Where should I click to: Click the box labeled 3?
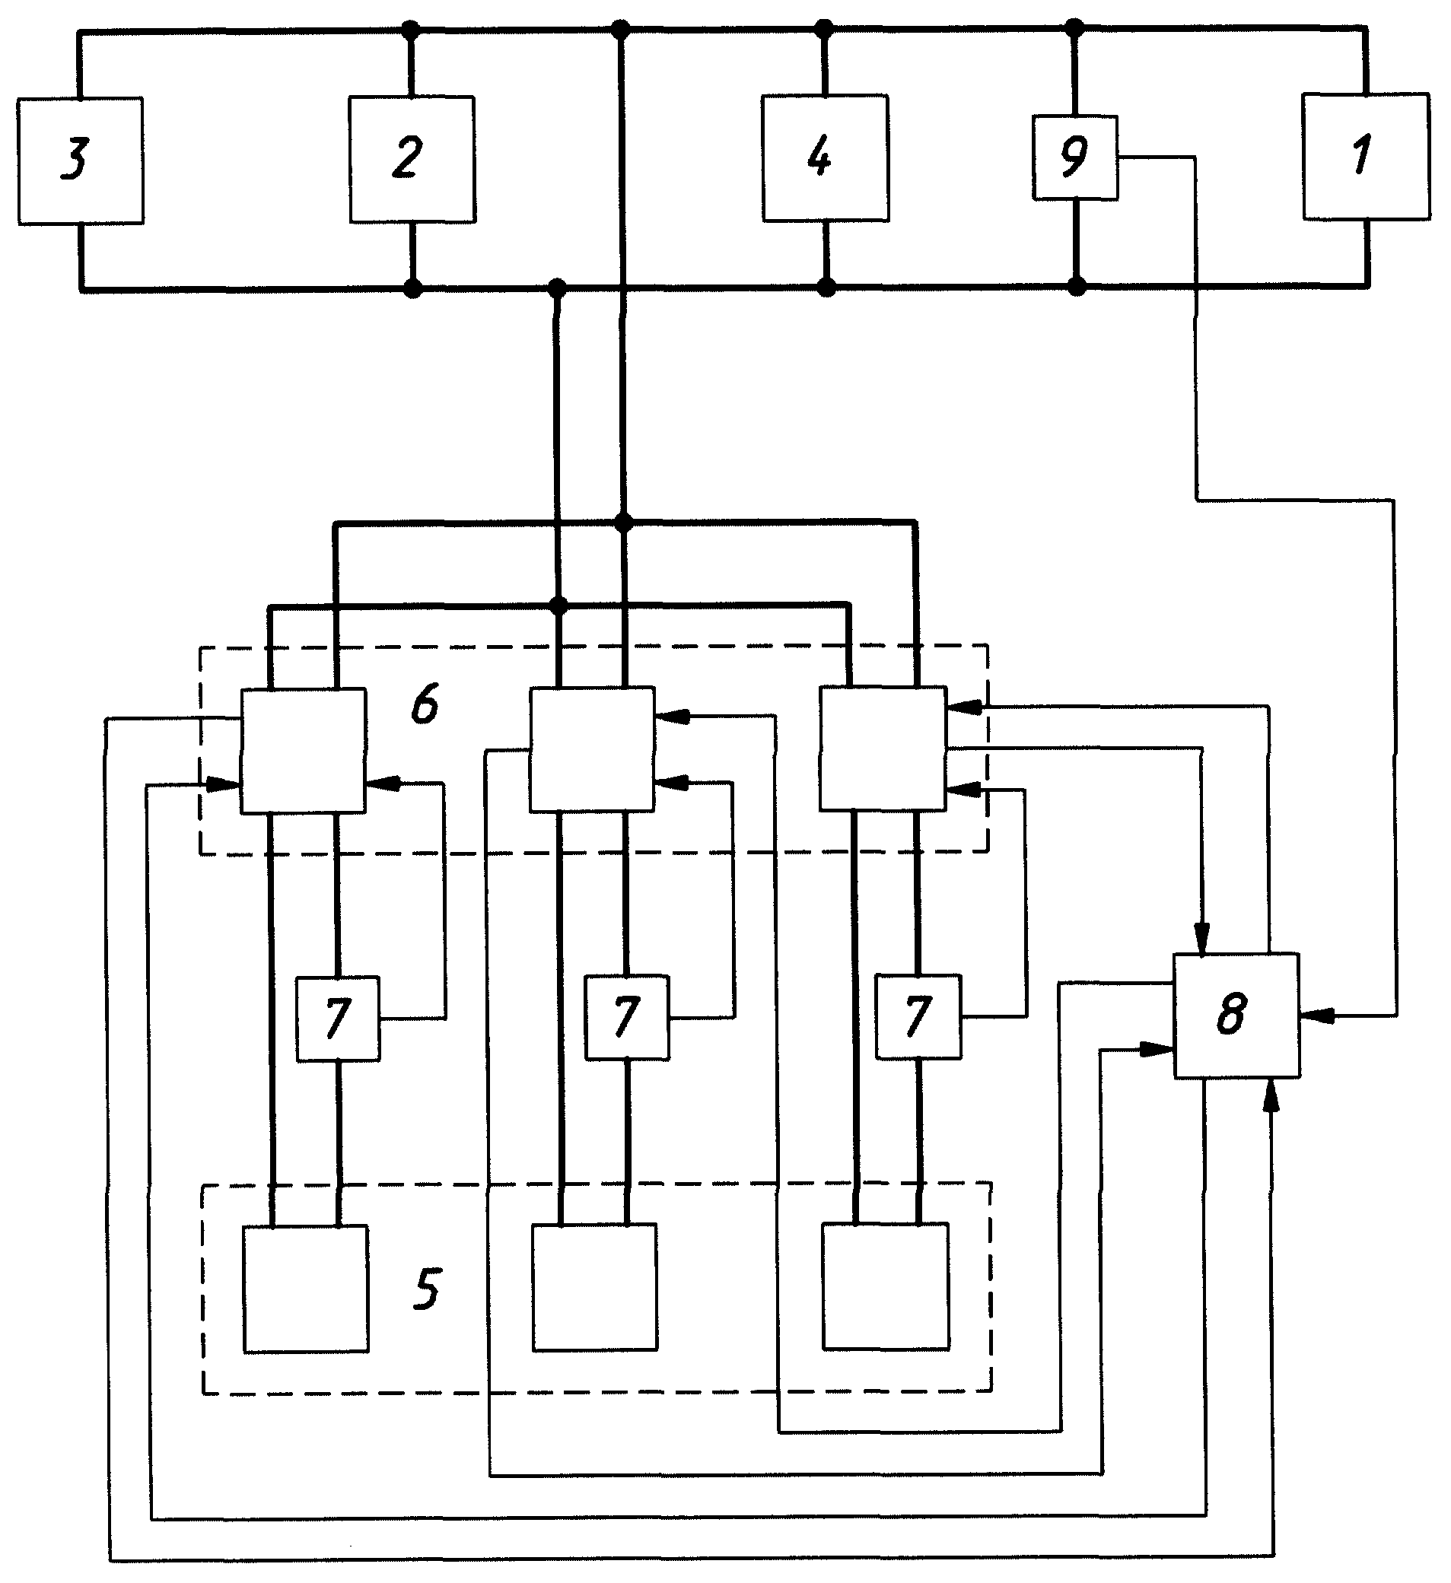80,161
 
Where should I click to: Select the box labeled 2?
412,160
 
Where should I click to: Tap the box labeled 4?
826,157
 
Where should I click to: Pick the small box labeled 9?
1075,157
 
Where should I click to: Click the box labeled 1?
1366,156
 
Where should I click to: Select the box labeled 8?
1237,1016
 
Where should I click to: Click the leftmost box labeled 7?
338,1019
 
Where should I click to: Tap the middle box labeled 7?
628,1018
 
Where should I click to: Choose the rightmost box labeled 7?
918,1017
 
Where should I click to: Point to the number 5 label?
427,1289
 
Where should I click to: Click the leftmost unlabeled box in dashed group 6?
303,752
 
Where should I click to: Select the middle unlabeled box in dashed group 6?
592,750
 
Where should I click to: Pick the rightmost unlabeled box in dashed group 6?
883,749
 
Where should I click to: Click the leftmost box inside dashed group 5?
306,1289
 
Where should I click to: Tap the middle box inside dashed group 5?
596,1287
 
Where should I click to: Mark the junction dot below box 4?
826,288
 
